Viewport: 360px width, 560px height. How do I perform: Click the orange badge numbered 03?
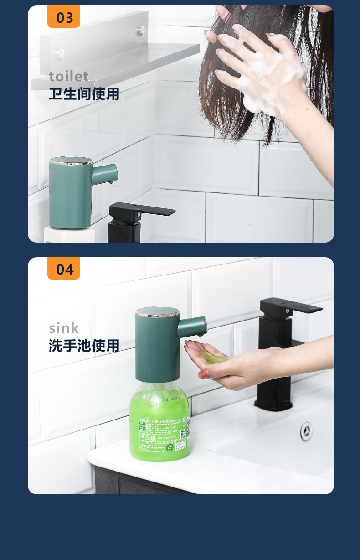[x=64, y=17]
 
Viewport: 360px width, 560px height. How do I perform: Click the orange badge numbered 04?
[x=64, y=269]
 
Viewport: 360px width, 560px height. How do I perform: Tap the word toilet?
[x=69, y=76]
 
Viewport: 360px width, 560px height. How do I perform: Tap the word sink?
[x=64, y=328]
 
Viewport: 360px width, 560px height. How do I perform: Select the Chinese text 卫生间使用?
[x=84, y=94]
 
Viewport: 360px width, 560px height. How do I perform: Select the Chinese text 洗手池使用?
[x=84, y=346]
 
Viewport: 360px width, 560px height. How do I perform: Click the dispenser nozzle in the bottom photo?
[x=193, y=327]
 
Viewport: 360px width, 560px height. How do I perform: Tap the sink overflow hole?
[x=307, y=431]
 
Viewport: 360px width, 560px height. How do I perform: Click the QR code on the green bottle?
[x=183, y=434]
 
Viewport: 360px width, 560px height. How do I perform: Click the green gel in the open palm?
[x=213, y=358]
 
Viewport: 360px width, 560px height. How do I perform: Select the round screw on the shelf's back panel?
[x=141, y=31]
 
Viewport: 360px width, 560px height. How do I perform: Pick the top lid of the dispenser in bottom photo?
[x=157, y=312]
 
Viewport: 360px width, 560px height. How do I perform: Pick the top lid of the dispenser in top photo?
[x=71, y=161]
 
